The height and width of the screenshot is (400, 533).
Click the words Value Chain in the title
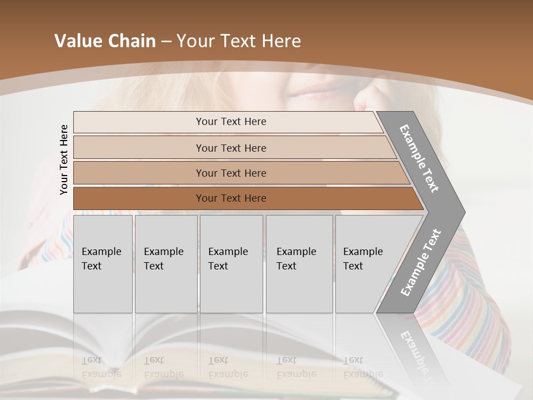[105, 41]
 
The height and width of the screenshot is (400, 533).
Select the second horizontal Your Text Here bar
[231, 148]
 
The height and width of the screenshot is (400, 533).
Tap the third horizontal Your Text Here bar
[231, 173]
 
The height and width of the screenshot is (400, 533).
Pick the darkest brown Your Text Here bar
[231, 198]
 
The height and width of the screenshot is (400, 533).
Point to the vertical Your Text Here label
[64, 159]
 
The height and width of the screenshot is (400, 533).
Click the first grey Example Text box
[103, 264]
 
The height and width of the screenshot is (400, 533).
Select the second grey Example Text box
[165, 264]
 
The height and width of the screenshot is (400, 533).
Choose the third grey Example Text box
[231, 264]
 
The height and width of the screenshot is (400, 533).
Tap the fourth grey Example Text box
[299, 264]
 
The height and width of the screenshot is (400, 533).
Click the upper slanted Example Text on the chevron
[419, 158]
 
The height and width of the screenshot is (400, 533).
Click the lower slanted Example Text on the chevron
[421, 262]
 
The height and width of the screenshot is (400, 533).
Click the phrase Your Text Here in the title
[239, 41]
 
